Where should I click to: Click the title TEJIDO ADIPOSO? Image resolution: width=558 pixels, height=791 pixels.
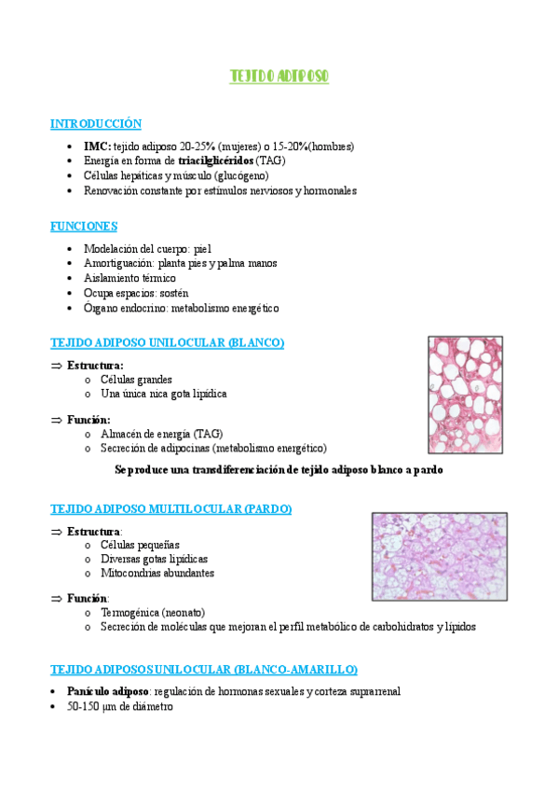point(279,76)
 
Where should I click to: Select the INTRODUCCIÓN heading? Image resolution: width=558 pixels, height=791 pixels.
point(96,123)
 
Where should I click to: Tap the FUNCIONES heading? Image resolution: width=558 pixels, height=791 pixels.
point(84,226)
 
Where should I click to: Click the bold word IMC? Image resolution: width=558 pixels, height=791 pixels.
point(97,146)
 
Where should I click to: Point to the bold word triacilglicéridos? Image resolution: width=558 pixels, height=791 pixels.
point(216,160)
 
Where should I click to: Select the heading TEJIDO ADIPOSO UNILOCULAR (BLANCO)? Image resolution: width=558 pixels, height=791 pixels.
point(168,342)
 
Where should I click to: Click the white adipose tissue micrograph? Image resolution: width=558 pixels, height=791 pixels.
point(464,395)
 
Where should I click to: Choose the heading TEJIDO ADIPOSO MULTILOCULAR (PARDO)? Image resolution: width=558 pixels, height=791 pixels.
point(171,508)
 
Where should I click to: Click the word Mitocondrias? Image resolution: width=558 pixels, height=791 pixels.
point(129,573)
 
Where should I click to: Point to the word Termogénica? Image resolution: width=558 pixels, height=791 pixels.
point(130,612)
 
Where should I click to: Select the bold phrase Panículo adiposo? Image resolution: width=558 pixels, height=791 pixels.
point(107,691)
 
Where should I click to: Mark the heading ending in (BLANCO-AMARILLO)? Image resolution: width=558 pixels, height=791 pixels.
point(204,669)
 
